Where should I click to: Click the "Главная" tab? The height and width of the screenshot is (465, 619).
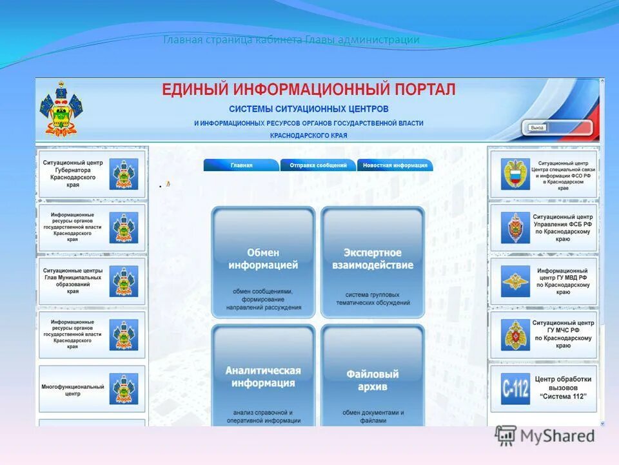tap(241, 165)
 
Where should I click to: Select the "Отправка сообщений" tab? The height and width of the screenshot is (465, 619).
tap(318, 165)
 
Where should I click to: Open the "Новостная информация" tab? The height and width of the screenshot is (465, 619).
tap(395, 165)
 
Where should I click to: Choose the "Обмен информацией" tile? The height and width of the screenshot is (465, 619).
tap(263, 262)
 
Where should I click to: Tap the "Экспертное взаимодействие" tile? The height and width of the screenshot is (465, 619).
tap(373, 262)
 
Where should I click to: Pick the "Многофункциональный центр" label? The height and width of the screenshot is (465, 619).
tap(72, 390)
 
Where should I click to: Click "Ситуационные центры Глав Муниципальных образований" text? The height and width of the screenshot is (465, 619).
tap(72, 281)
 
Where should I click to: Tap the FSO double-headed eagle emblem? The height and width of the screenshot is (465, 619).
tap(515, 174)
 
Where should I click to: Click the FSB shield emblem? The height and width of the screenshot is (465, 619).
tap(515, 227)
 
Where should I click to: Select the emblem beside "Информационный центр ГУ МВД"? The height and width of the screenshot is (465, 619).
tap(515, 281)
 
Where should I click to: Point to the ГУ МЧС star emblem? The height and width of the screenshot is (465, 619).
tap(515, 335)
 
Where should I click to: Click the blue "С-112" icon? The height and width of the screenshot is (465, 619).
tap(515, 389)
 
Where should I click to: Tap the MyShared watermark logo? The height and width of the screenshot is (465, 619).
tap(545, 436)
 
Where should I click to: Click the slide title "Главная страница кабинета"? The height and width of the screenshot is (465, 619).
tap(233, 40)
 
